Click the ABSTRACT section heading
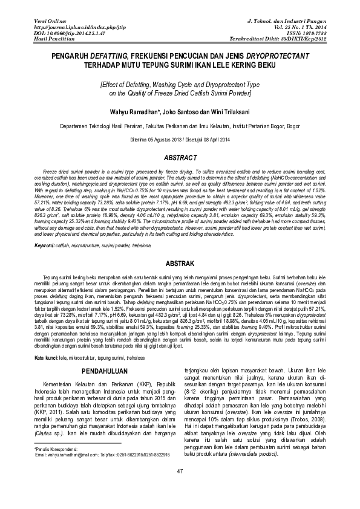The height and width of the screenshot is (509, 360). pyautogui.click(x=180, y=158)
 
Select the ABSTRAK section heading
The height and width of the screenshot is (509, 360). pyautogui.click(x=180, y=264)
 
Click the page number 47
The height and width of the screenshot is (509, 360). pyautogui.click(x=180, y=488)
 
